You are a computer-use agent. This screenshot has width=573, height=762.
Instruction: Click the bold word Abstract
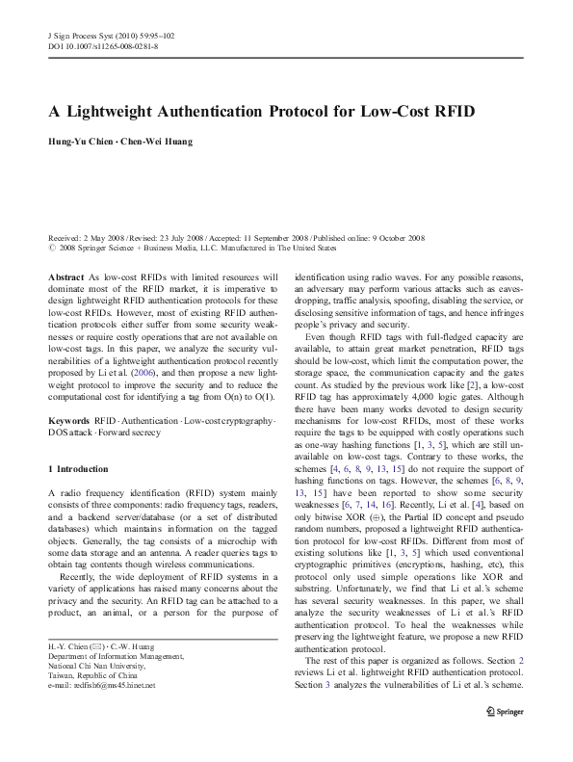65,276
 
